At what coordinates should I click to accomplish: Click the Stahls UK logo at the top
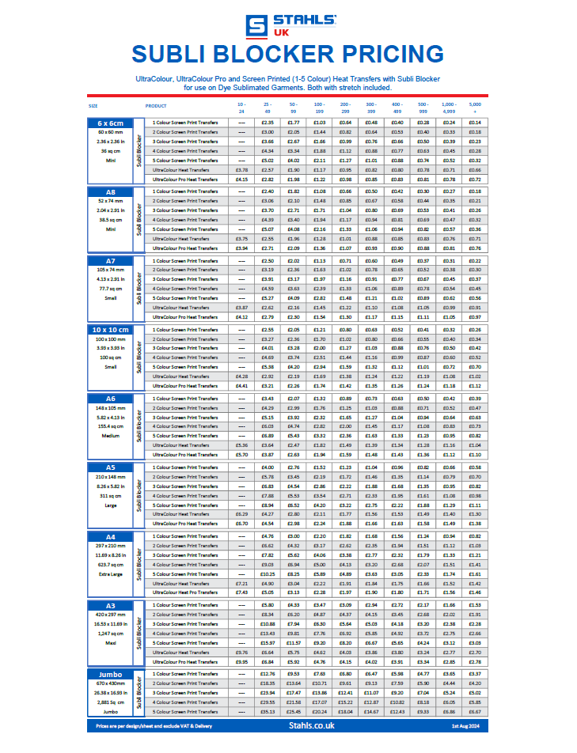pyautogui.click(x=289, y=24)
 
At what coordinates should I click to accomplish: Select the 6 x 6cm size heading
pyautogui.click(x=111, y=123)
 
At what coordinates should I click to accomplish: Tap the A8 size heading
pyautogui.click(x=111, y=191)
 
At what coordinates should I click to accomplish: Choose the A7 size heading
pyautogui.click(x=111, y=260)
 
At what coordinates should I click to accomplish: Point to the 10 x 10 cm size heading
pyautogui.click(x=111, y=329)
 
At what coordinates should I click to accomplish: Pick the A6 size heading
pyautogui.click(x=111, y=399)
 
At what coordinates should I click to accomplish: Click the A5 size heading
pyautogui.click(x=111, y=467)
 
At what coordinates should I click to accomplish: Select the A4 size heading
pyautogui.click(x=111, y=536)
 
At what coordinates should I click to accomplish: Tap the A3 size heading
pyautogui.click(x=111, y=605)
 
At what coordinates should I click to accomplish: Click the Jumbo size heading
pyautogui.click(x=111, y=674)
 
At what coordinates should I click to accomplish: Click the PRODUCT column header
pyautogui.click(x=156, y=105)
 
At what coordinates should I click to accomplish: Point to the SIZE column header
pyautogui.click(x=93, y=105)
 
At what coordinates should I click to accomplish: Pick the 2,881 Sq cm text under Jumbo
pyautogui.click(x=111, y=702)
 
